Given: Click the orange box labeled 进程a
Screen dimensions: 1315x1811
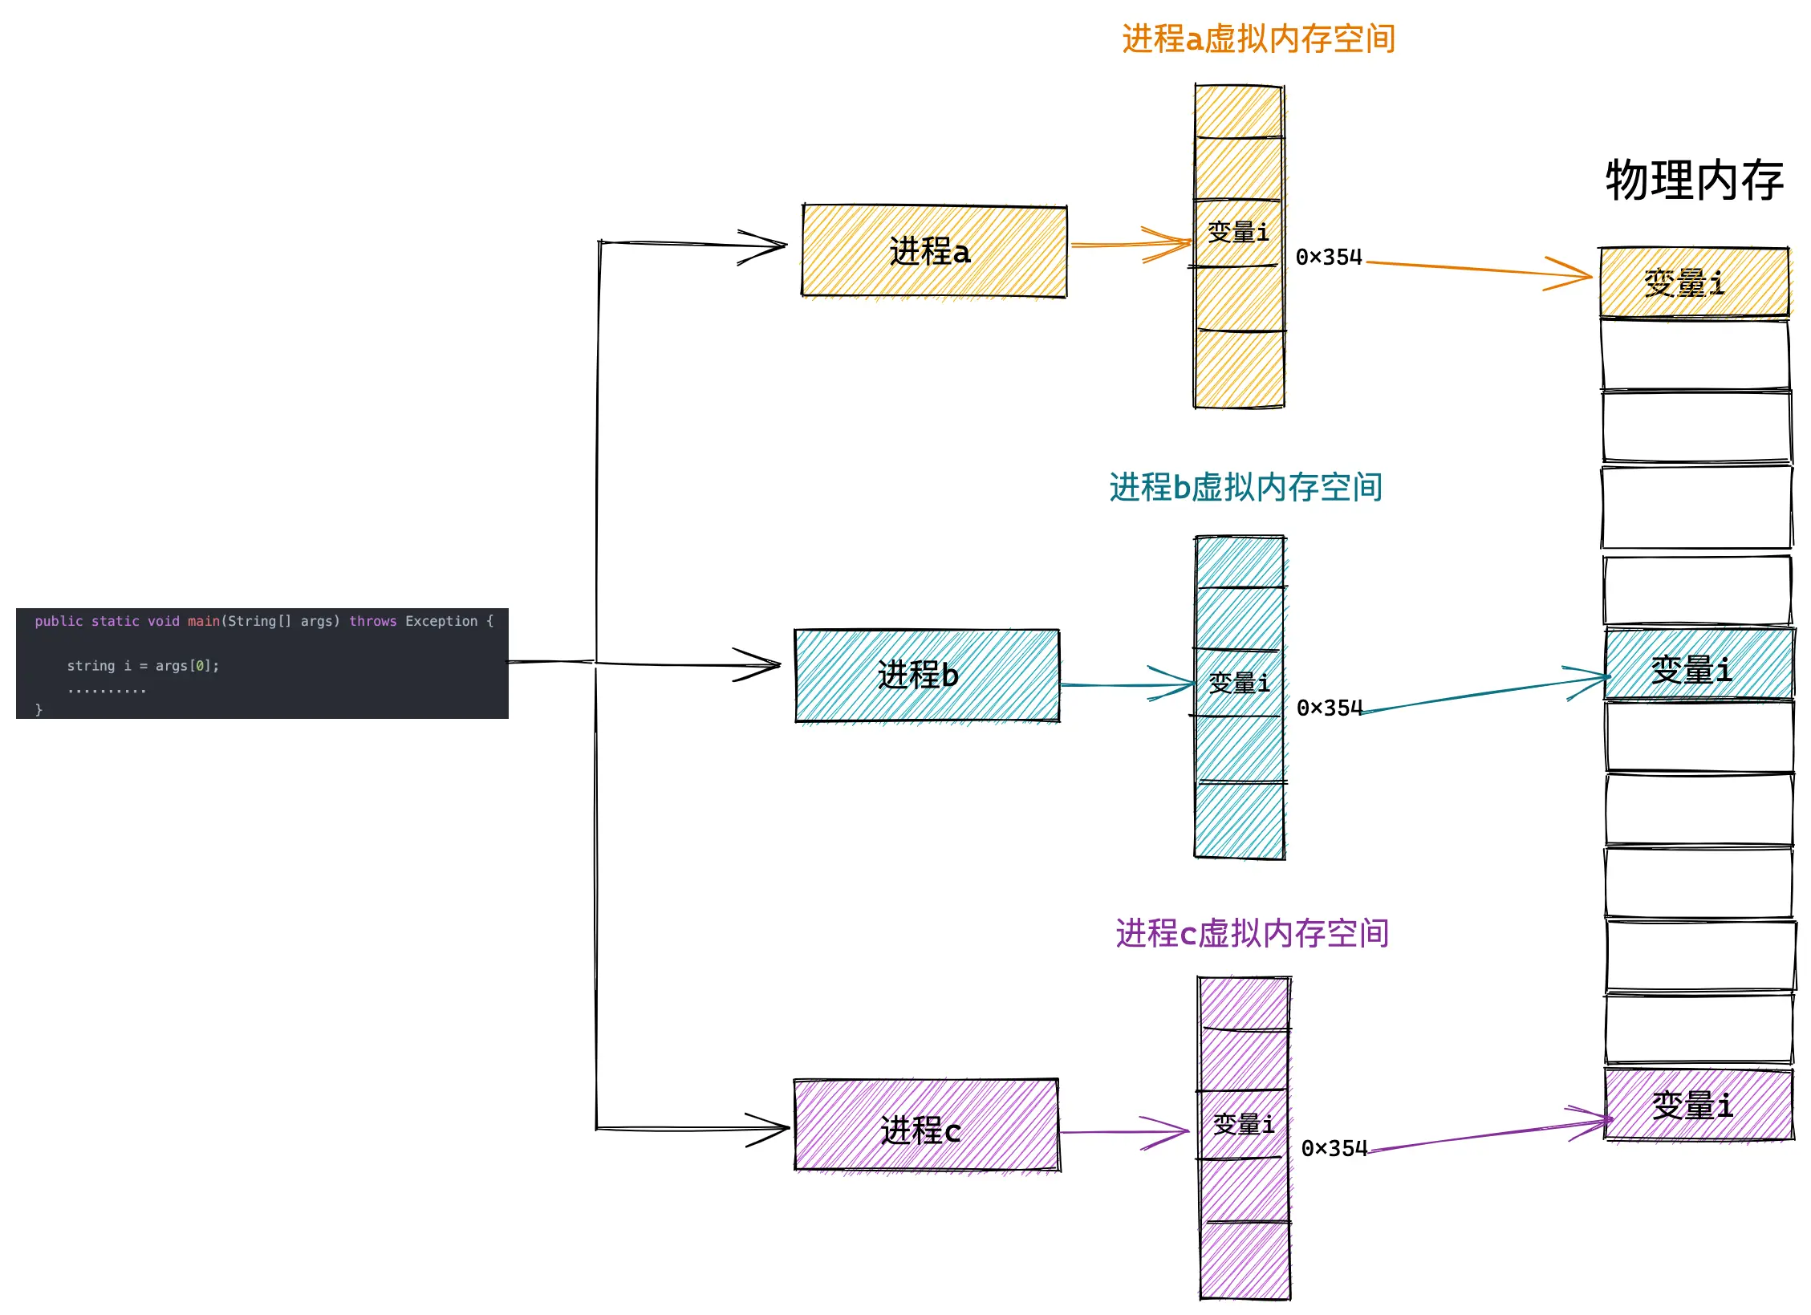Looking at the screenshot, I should click(x=933, y=251).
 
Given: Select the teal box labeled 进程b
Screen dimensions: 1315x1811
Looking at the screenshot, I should click(x=926, y=675).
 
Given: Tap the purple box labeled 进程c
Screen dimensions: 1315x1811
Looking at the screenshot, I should click(x=926, y=1125).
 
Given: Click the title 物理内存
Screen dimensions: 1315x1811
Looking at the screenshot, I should click(x=1694, y=180).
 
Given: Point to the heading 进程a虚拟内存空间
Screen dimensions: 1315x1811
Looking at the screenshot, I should click(x=1258, y=39).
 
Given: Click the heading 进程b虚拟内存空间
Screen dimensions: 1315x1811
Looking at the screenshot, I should click(x=1245, y=487).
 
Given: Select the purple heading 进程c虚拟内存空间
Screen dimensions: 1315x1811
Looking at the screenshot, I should click(x=1252, y=933).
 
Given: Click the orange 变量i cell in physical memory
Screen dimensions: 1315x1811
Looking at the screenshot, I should click(x=1693, y=282).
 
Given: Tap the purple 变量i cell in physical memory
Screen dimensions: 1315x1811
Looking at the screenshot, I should click(x=1698, y=1104).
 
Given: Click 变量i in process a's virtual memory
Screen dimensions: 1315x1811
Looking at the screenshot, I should click(x=1238, y=233).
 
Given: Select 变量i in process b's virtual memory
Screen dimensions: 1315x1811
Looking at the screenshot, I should click(x=1239, y=683).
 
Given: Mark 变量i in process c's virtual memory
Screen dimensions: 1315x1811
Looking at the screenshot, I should click(x=1243, y=1124).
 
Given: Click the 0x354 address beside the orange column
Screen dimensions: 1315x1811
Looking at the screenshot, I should click(x=1329, y=257).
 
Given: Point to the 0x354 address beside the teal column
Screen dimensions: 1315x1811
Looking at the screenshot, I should click(x=1330, y=708).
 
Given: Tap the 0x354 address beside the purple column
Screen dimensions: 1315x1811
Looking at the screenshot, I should click(x=1334, y=1148).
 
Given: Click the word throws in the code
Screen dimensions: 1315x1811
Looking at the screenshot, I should click(x=372, y=621).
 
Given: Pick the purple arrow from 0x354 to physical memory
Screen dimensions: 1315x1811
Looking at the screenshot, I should click(x=1484, y=1134).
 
